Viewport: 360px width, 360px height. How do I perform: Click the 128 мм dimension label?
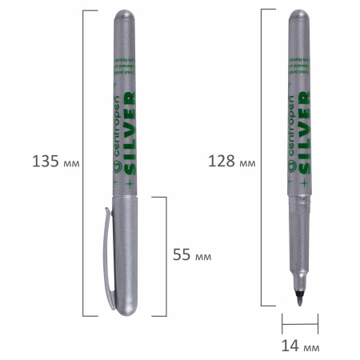coord(230,161)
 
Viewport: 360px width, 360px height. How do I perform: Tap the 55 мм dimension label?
coord(192,255)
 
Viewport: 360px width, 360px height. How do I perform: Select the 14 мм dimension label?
coord(300,346)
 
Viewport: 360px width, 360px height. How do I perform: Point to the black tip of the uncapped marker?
coord(300,302)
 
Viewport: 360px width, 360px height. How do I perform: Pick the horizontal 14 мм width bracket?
coord(300,324)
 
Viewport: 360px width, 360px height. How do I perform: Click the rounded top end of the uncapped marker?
coord(300,16)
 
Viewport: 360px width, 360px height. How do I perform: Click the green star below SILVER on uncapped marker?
coord(304,182)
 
